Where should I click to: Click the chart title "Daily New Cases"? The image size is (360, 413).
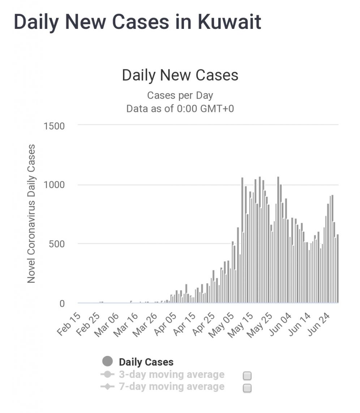(x=180, y=75)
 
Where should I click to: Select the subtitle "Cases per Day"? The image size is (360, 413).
(x=180, y=96)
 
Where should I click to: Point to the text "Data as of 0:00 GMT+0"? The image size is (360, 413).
(x=180, y=108)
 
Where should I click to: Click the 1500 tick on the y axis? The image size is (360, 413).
(x=54, y=126)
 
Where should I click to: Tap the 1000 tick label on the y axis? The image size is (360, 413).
(x=54, y=185)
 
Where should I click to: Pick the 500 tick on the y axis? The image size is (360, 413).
(x=57, y=244)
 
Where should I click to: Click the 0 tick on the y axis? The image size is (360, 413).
(x=62, y=303)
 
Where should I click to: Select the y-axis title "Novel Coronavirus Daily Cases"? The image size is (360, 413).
(x=31, y=214)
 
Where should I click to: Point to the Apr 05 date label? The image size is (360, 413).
(x=166, y=324)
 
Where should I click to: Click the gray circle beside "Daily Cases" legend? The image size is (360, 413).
(x=108, y=361)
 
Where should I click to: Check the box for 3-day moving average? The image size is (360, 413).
(x=247, y=376)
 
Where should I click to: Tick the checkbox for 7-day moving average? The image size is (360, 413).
(x=247, y=388)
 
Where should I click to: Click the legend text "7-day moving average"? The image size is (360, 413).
(x=171, y=387)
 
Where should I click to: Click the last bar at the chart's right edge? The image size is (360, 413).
(x=338, y=269)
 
